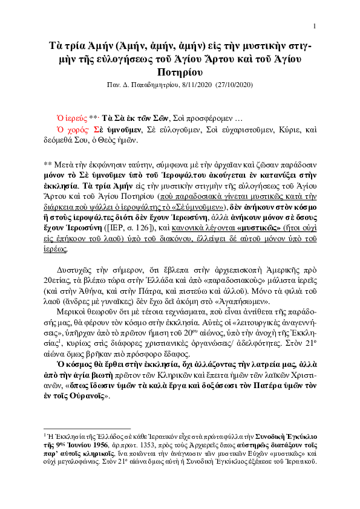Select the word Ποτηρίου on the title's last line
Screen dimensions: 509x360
pos(180,72)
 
